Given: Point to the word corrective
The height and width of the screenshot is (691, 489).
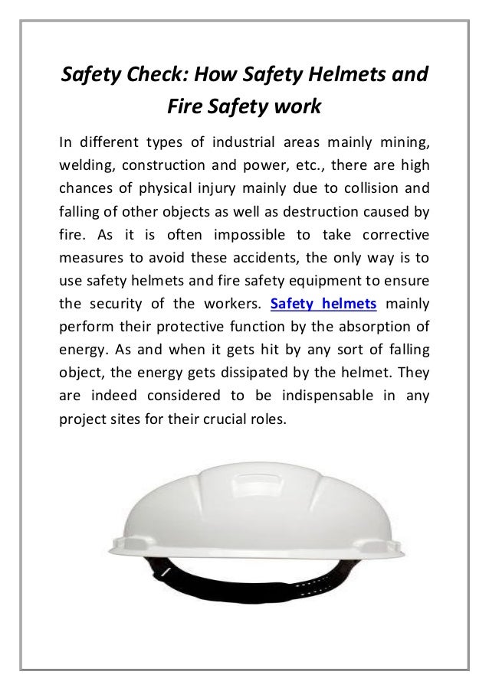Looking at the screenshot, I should pyautogui.click(x=391, y=236).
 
